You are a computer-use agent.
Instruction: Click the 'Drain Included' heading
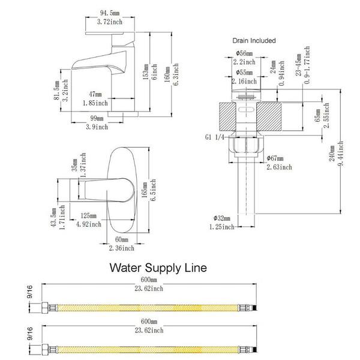click(254, 41)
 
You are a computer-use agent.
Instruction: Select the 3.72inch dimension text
click(110, 21)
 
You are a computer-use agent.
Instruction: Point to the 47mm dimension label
click(95, 94)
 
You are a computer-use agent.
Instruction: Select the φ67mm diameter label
click(275, 158)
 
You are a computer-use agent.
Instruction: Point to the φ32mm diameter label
click(221, 218)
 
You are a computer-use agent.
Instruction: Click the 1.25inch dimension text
click(221, 229)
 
